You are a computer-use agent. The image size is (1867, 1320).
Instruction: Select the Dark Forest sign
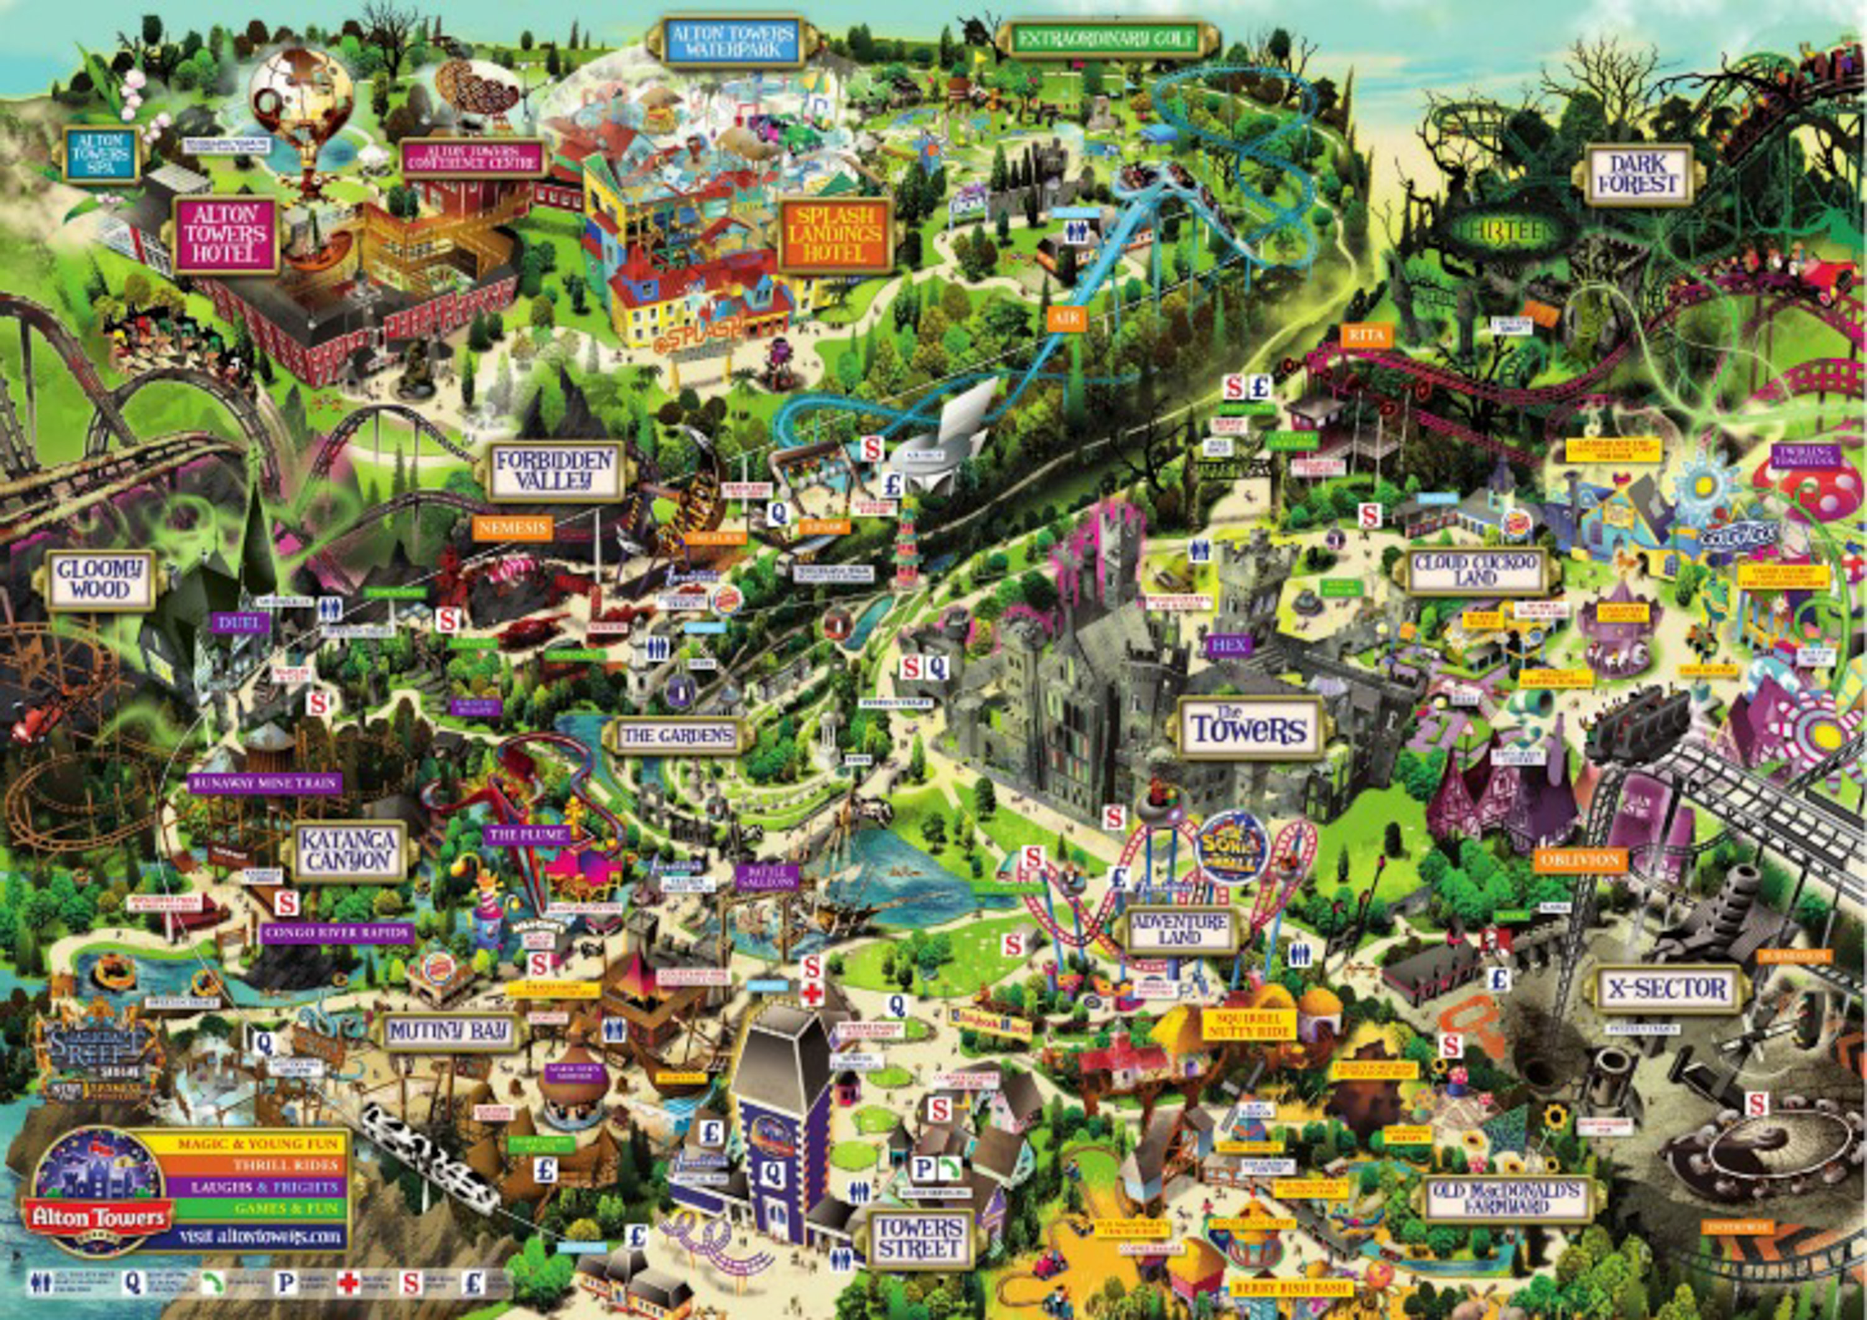[1637, 174]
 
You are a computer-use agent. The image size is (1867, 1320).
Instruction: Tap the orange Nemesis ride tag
[512, 528]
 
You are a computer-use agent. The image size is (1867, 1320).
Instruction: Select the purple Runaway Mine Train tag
[264, 783]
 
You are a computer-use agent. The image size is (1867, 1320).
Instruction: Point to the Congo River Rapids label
[337, 933]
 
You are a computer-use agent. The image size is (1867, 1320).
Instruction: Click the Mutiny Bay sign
[448, 1032]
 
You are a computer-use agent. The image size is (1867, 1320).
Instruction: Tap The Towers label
[1248, 728]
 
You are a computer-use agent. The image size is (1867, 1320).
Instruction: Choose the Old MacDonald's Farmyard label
[1507, 1198]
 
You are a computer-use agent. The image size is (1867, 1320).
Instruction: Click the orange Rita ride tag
[1366, 335]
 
